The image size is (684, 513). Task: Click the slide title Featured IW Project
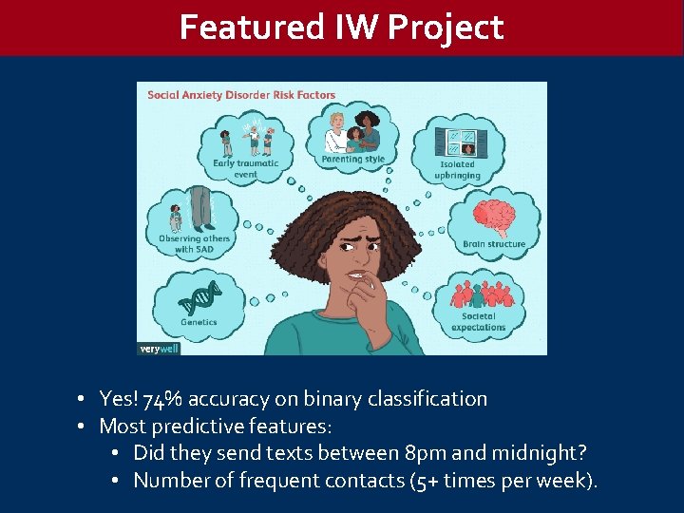click(341, 28)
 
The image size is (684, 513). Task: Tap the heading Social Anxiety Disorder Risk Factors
click(241, 95)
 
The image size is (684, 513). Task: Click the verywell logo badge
click(157, 349)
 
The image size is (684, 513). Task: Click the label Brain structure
click(493, 244)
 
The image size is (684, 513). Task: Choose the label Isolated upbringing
click(457, 170)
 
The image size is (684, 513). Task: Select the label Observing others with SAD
click(194, 243)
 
